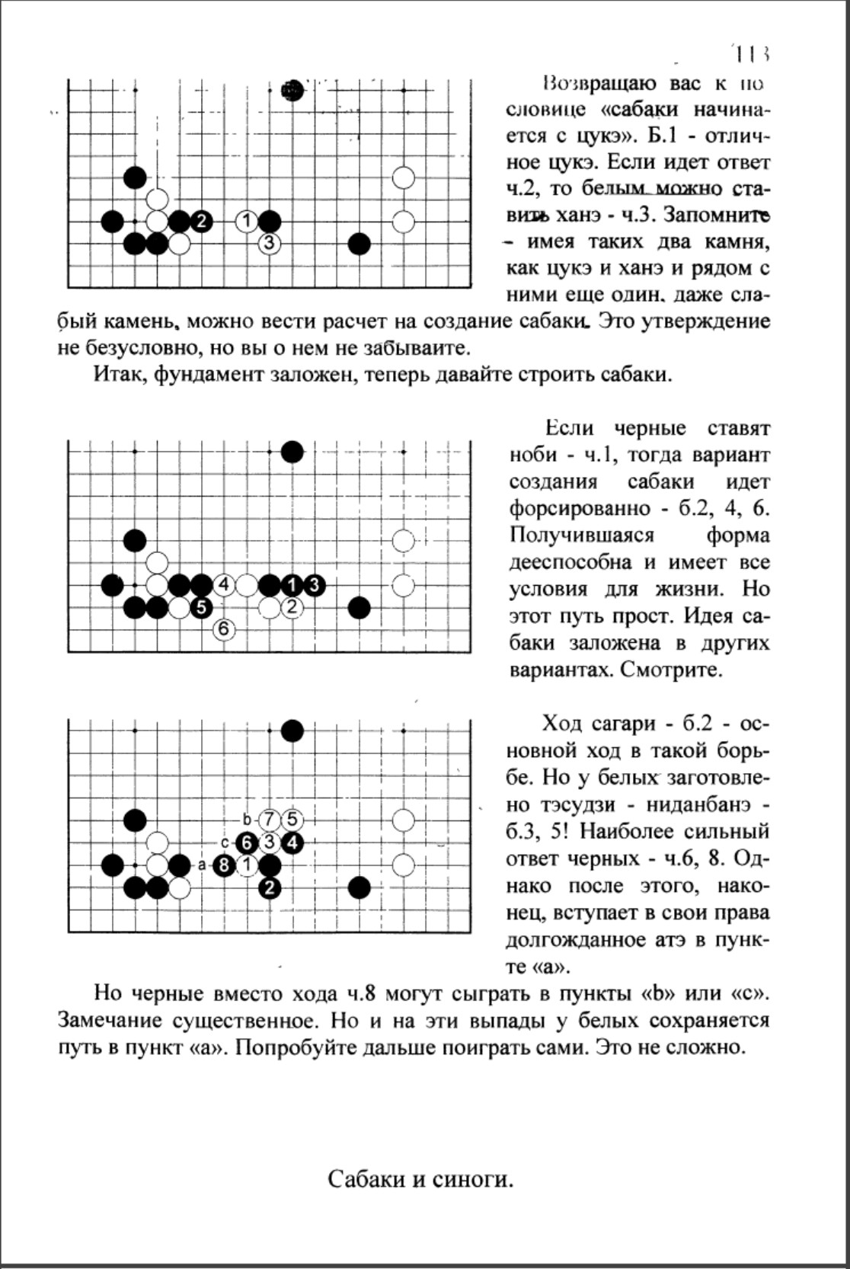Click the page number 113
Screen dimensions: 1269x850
tap(753, 54)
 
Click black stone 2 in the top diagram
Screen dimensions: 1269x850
tap(201, 222)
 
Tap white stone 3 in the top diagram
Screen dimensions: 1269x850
tap(269, 244)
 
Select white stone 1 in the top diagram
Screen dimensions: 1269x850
tap(246, 222)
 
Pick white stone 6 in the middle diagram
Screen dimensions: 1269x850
tap(224, 629)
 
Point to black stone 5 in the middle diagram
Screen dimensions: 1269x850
tap(201, 607)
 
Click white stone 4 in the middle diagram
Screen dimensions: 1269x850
tap(224, 585)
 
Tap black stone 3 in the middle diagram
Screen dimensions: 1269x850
tap(314, 585)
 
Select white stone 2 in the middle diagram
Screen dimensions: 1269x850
tap(292, 607)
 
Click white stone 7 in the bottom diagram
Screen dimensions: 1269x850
tap(269, 820)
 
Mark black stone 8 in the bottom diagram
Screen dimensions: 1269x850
tap(224, 865)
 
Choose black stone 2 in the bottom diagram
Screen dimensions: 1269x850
tap(269, 887)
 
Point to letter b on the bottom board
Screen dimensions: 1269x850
tap(247, 820)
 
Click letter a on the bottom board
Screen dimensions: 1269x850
tap(202, 865)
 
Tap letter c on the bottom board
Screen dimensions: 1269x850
tap(225, 843)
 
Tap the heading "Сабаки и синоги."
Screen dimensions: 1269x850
tap(420, 1180)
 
